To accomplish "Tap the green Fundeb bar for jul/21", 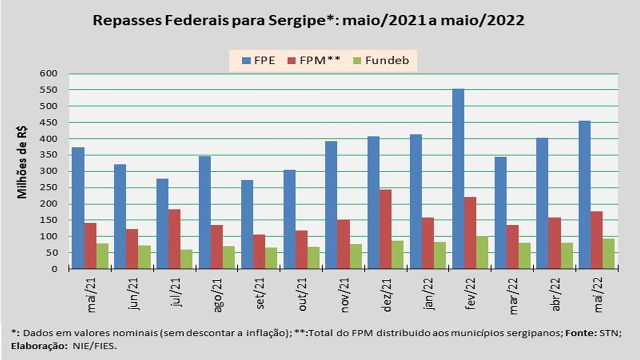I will click(186, 259).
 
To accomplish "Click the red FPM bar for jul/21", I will click(174, 239).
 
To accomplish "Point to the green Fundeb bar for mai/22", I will click(608, 253).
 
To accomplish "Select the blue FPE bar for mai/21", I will click(77, 208).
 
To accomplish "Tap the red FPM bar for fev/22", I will click(470, 233).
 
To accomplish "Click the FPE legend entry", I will click(258, 61).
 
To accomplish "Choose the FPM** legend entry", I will click(314, 61).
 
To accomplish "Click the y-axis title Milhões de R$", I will click(22, 162).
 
